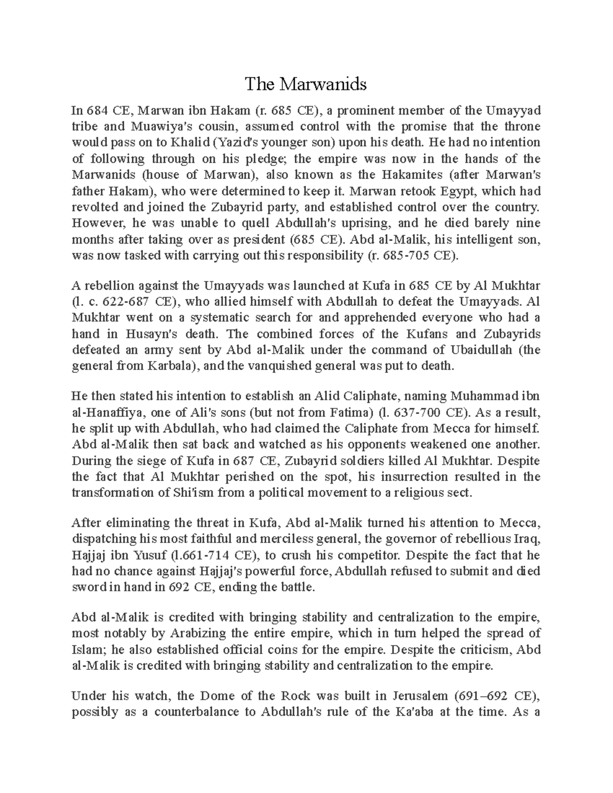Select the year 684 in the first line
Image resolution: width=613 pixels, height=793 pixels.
(95, 110)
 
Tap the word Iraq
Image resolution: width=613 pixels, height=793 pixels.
(527, 539)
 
